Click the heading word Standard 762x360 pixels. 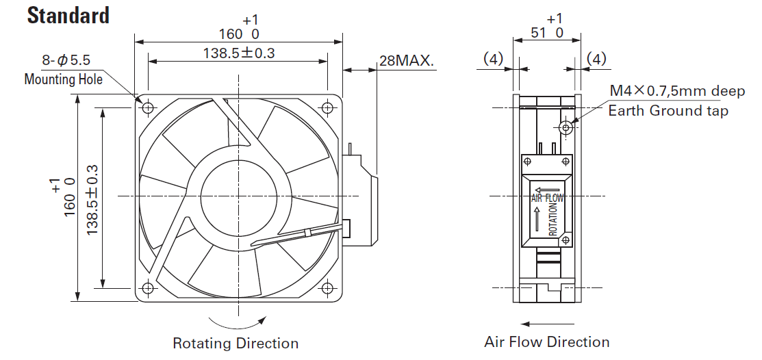[x=68, y=15]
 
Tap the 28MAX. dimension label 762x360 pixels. [x=407, y=61]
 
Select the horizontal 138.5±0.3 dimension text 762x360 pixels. [x=239, y=52]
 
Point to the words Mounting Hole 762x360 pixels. [x=63, y=79]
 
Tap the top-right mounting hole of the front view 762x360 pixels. [x=328, y=107]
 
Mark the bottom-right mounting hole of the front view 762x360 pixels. [x=328, y=287]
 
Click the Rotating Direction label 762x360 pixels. [x=235, y=343]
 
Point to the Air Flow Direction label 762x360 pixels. [x=546, y=342]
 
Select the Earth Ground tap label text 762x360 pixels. [x=668, y=110]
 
